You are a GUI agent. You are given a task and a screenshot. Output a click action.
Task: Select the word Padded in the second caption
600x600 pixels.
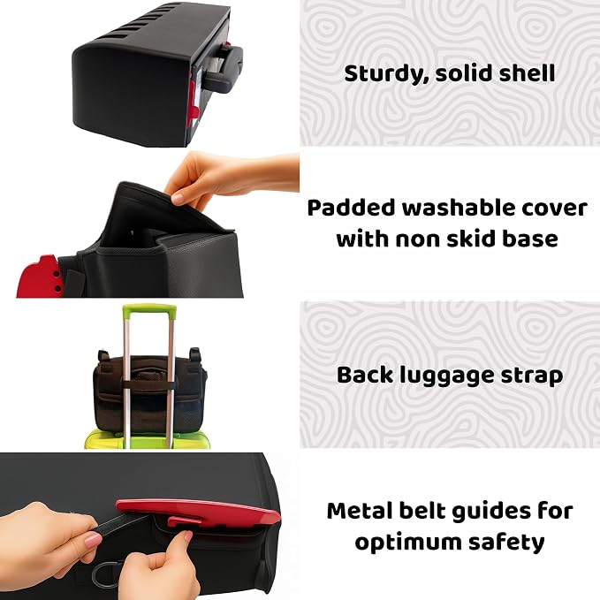351,208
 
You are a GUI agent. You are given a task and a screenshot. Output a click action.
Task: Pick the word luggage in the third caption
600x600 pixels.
442,376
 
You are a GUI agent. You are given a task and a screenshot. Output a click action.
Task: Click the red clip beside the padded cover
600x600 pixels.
38,277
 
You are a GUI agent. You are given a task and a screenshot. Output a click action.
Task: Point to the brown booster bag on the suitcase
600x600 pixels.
150,391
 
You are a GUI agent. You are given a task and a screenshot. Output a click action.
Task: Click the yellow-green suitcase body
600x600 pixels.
148,439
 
